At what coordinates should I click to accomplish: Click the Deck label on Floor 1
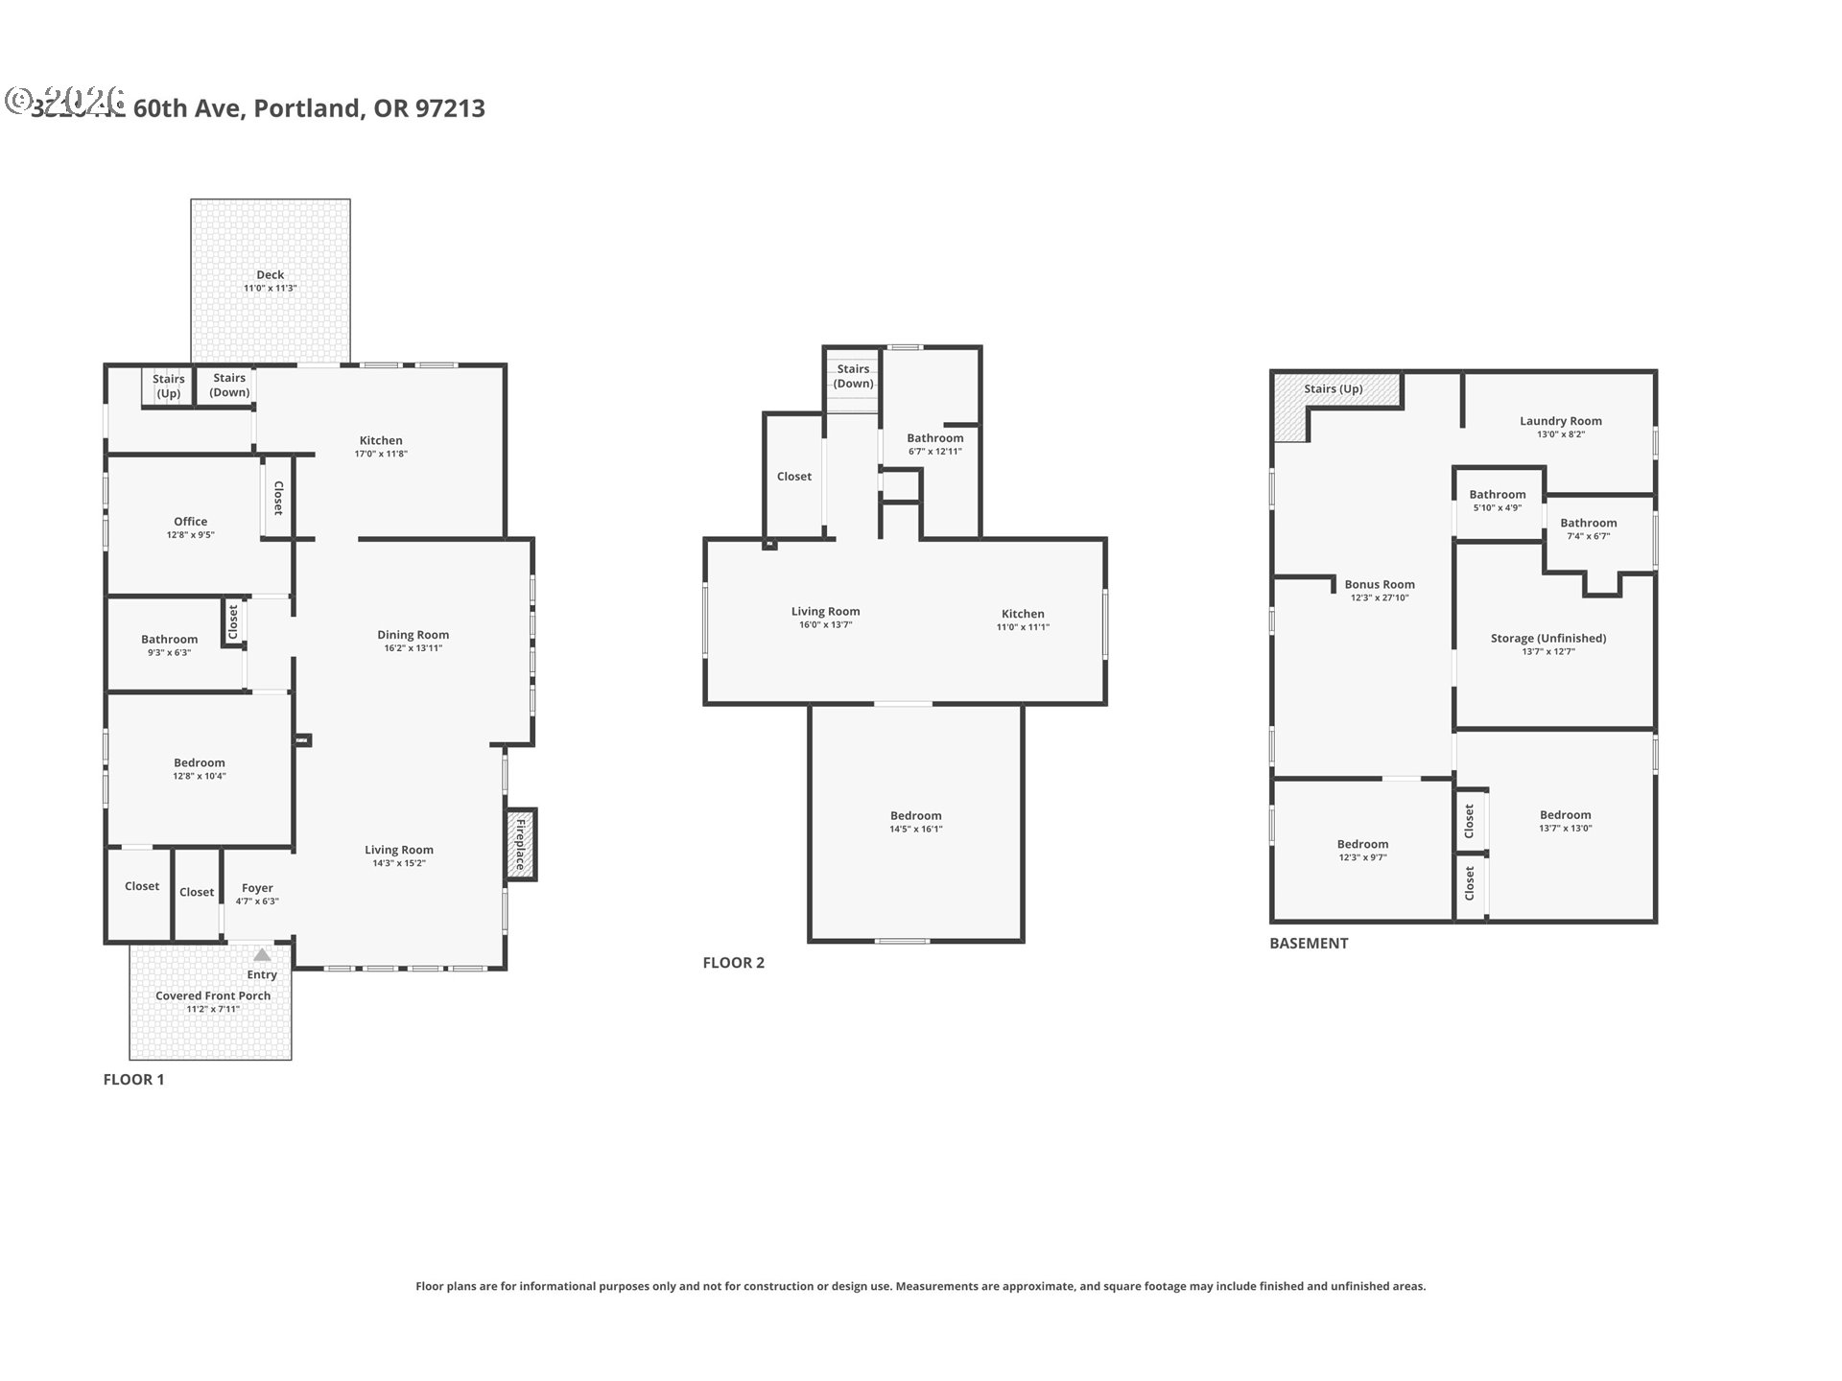tap(270, 275)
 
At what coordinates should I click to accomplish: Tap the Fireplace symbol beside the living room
tap(521, 844)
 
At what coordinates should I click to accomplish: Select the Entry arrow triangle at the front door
tap(262, 955)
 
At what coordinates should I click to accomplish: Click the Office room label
tap(190, 522)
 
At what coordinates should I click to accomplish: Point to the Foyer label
tap(257, 888)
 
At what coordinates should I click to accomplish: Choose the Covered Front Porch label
tap(213, 995)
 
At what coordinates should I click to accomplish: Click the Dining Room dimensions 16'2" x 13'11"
tap(413, 648)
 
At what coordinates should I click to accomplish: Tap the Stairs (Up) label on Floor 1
tap(168, 386)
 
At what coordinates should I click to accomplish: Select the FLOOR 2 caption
tap(733, 963)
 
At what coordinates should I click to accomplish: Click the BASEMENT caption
tap(1309, 943)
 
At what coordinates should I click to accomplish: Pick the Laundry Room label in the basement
tap(1560, 421)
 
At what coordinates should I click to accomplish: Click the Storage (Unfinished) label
tap(1547, 638)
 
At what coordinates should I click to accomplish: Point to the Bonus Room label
tap(1379, 584)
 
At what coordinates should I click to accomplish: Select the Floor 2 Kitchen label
tap(1023, 614)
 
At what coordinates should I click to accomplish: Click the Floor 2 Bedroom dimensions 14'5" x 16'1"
tap(915, 830)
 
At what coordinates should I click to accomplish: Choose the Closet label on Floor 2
tap(793, 477)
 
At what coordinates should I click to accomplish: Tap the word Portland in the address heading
tap(308, 108)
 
